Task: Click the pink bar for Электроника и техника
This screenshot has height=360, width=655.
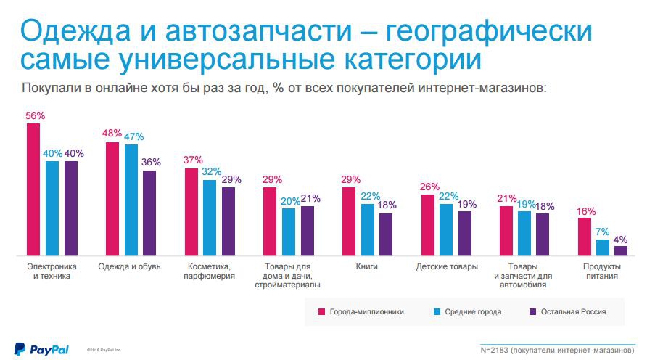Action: pyautogui.click(x=33, y=189)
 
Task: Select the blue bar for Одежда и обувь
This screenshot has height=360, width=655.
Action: pyautogui.click(x=131, y=200)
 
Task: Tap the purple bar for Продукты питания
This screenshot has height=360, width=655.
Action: pyautogui.click(x=620, y=250)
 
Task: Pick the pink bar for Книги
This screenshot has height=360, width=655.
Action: pyautogui.click(x=349, y=221)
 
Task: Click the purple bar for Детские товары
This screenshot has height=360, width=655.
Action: pyautogui.click(x=465, y=233)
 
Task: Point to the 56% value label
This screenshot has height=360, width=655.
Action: pyautogui.click(x=36, y=115)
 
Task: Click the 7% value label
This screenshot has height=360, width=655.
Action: pyautogui.click(x=602, y=231)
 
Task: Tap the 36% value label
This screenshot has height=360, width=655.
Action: pyautogui.click(x=151, y=163)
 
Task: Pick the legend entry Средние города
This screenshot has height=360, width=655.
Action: pyautogui.click(x=471, y=311)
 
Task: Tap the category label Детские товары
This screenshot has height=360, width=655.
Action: pyautogui.click(x=447, y=267)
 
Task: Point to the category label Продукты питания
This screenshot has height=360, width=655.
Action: pyautogui.click(x=602, y=271)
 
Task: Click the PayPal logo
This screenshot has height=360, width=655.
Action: pyautogui.click(x=41, y=349)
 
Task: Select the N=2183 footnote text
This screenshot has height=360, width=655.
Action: pyautogui.click(x=558, y=350)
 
